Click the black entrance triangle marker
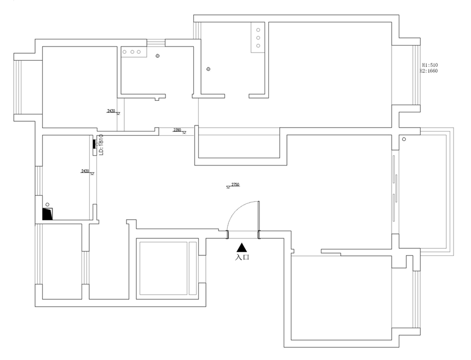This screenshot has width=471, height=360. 242,248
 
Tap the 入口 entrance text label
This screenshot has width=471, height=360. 242,256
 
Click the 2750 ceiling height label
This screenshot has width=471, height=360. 235,185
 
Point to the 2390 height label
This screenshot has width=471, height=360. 177,130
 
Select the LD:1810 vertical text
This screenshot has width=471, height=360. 101,146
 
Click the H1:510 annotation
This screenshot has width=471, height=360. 429,64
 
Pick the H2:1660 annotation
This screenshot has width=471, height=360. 429,71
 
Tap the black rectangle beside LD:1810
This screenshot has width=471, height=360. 94,145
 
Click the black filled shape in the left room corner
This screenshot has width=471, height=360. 48,213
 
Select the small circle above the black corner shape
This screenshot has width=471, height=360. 48,203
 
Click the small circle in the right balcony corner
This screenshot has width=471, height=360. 404,139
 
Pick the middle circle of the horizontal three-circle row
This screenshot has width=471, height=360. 132,52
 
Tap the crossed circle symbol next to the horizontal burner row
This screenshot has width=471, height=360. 158,56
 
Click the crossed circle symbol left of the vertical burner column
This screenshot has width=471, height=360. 208,69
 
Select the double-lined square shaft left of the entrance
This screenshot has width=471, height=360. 167,268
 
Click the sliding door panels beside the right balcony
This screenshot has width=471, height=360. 395,186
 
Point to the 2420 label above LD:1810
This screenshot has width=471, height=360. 111,111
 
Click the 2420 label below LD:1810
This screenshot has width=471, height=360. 85,171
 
